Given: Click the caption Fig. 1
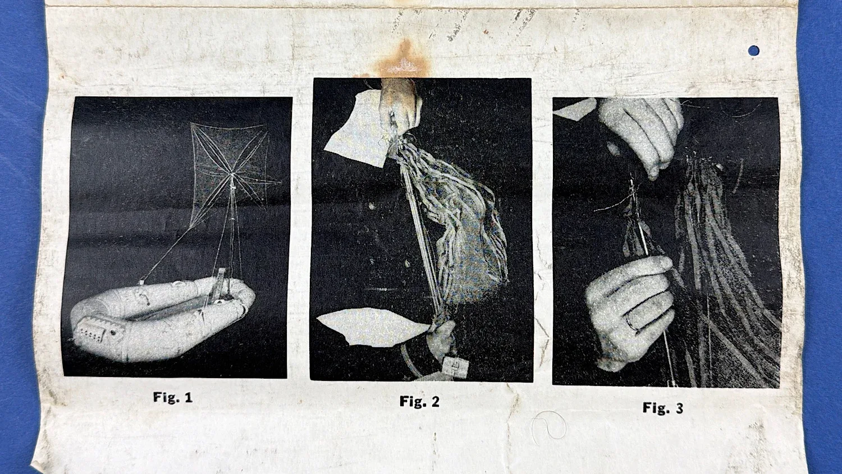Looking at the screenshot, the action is [x=173, y=397].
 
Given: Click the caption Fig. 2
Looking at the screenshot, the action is [x=419, y=402].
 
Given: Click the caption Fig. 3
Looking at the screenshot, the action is [x=663, y=408].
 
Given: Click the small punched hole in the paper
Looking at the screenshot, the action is [x=753, y=50].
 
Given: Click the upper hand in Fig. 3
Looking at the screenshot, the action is [x=639, y=131].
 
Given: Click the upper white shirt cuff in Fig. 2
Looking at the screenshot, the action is [x=357, y=131].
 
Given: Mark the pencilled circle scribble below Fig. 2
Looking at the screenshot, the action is [x=549, y=426].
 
